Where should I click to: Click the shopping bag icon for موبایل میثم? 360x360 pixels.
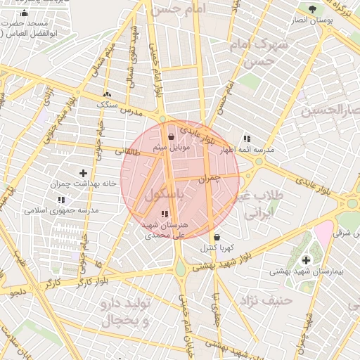click(x=172, y=137)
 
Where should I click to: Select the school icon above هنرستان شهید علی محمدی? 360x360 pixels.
click(x=165, y=214)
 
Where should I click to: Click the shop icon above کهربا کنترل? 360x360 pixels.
click(x=216, y=237)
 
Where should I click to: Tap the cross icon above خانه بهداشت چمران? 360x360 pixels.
click(x=83, y=173)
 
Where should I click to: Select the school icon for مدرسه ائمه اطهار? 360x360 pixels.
click(x=247, y=139)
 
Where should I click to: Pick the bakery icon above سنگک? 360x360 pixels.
click(x=107, y=94)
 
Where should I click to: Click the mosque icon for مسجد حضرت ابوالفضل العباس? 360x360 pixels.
click(x=25, y=13)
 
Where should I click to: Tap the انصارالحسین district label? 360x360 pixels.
click(x=331, y=110)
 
